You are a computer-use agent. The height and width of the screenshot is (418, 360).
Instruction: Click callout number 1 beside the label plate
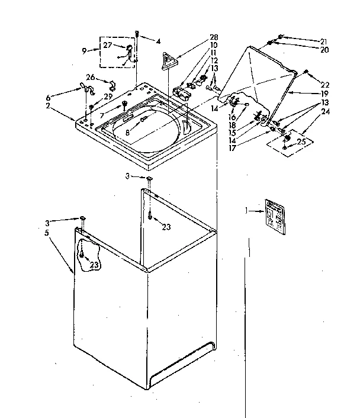(x=246, y=210)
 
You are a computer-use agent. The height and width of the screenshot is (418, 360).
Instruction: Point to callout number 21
(x=324, y=40)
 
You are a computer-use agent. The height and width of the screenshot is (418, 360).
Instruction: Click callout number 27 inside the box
(x=108, y=45)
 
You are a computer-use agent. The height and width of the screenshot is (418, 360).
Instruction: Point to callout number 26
(x=91, y=77)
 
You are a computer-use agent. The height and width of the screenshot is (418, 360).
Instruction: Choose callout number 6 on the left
(x=48, y=98)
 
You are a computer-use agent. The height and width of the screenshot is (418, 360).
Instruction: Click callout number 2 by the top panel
(x=48, y=106)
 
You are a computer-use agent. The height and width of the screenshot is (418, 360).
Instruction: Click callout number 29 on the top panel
(x=107, y=96)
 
